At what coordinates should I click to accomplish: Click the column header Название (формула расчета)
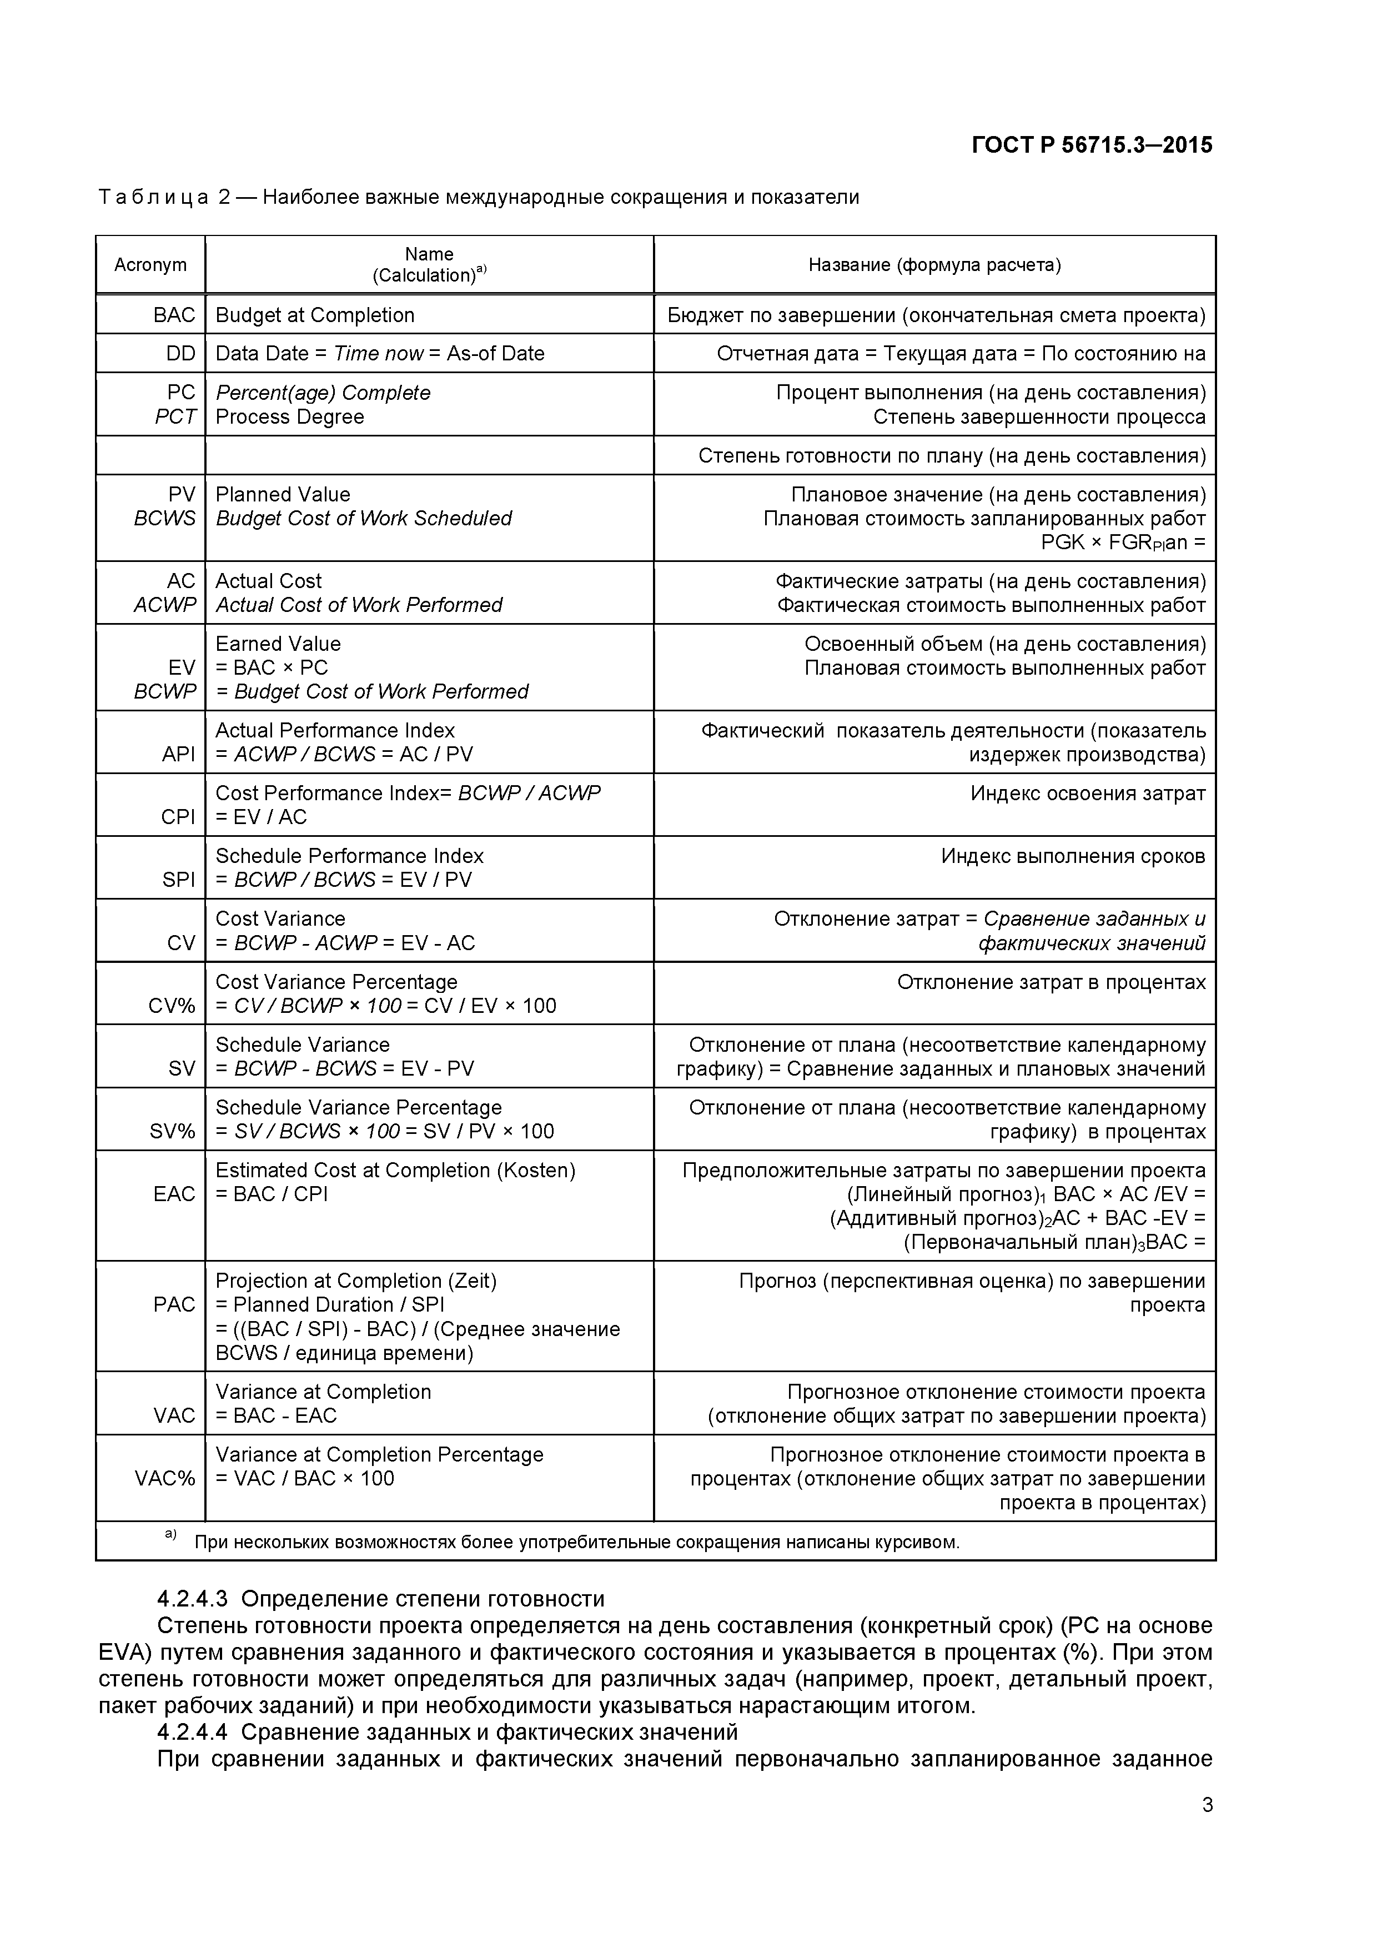click(933, 265)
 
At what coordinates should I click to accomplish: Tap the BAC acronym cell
click(174, 315)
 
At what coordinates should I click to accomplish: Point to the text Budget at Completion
click(315, 315)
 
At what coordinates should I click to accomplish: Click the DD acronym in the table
click(180, 353)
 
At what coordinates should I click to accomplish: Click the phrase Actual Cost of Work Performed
click(358, 605)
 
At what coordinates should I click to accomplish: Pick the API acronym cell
click(178, 754)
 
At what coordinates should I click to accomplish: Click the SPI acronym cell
click(178, 880)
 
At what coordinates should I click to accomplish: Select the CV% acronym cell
click(172, 1006)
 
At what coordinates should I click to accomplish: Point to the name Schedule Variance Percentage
click(358, 1107)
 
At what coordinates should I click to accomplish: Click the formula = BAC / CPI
click(272, 1194)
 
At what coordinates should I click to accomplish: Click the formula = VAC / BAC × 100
click(305, 1478)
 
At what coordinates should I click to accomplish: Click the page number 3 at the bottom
click(1207, 1829)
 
